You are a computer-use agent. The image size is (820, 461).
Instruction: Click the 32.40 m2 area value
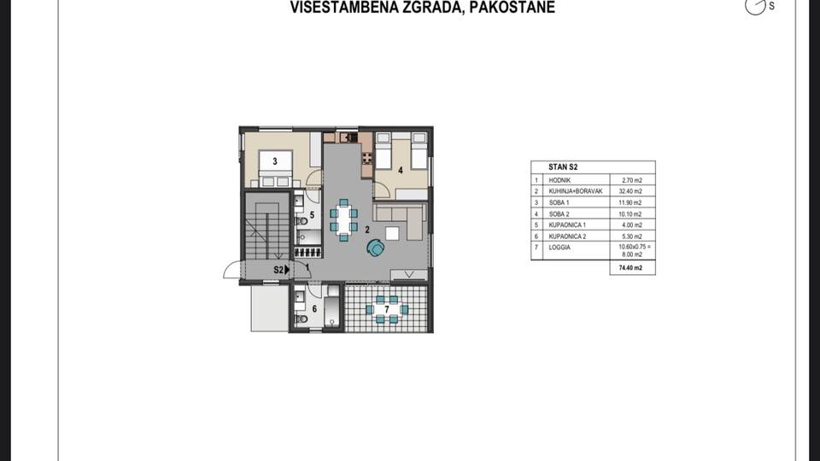tap(632, 191)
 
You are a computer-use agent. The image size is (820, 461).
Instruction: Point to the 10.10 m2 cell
tap(632, 213)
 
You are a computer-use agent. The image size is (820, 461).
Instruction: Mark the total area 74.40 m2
tap(631, 267)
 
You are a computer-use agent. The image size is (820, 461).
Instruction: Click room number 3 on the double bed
tap(274, 160)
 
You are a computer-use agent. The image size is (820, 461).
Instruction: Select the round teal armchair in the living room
tap(375, 248)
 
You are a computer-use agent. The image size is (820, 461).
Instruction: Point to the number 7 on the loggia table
tap(386, 308)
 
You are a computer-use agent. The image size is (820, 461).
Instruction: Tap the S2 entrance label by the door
tap(278, 270)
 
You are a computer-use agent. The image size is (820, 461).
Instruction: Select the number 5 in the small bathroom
tap(312, 216)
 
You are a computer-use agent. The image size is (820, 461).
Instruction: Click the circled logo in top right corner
tap(754, 6)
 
